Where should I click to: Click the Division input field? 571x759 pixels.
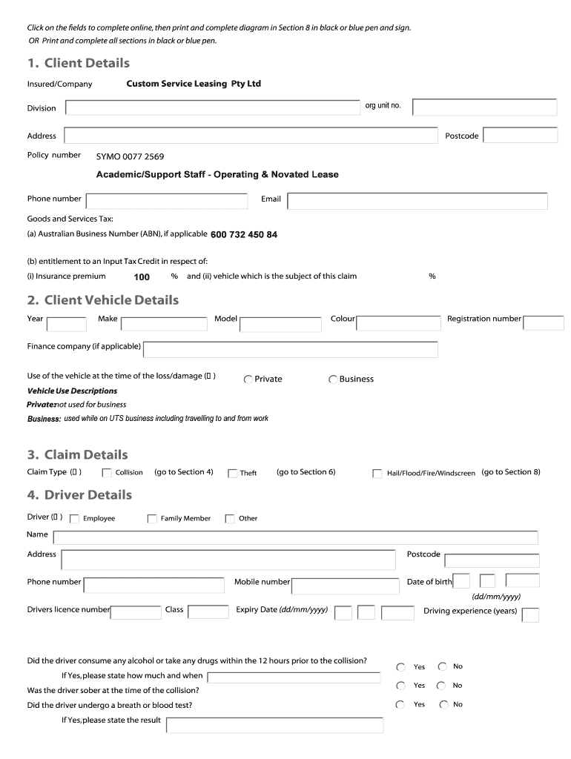(x=213, y=108)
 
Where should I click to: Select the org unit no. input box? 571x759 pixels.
(x=484, y=108)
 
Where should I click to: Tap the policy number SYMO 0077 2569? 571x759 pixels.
(x=131, y=156)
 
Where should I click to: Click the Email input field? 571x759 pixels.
(x=417, y=201)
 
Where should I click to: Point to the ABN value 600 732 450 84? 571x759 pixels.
(x=244, y=235)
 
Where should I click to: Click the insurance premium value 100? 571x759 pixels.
(x=142, y=277)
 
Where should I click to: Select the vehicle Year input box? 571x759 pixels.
(x=67, y=323)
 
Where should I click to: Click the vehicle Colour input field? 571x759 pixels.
(x=398, y=323)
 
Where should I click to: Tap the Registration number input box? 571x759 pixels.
(x=543, y=322)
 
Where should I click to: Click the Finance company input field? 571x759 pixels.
(x=290, y=349)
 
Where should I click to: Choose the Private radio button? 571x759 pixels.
(x=248, y=379)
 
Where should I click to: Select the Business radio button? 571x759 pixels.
(x=333, y=379)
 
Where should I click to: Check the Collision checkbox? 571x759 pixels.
(x=107, y=474)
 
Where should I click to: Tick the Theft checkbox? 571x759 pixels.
(x=232, y=474)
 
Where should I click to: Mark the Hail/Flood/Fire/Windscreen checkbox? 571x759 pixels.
(x=377, y=474)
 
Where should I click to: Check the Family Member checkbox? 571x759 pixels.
(x=152, y=519)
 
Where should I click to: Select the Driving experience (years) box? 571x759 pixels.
(x=530, y=614)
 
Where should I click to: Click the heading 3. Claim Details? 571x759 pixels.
(x=77, y=454)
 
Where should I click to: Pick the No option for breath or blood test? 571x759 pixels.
(x=443, y=705)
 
